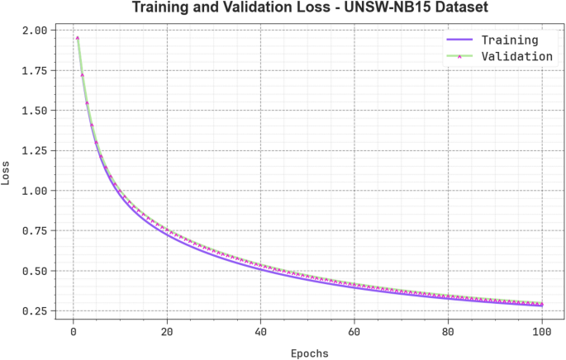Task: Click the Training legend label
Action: (510, 40)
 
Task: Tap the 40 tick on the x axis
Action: (260, 334)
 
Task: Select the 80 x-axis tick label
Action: (448, 334)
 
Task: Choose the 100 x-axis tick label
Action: (541, 334)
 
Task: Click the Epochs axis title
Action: (309, 353)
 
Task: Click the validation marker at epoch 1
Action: (78, 37)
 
